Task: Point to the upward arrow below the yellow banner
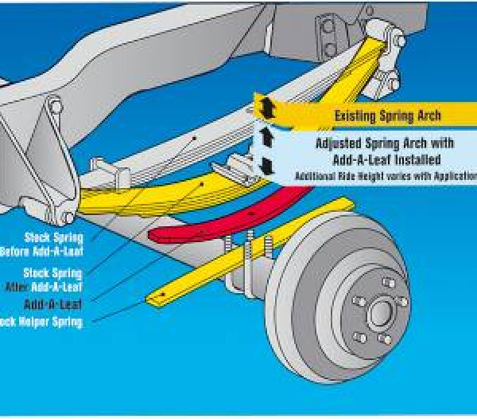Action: (x=267, y=139)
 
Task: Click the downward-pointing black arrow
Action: (x=267, y=166)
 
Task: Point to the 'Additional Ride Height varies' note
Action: (x=382, y=174)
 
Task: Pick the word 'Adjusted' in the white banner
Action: (x=338, y=144)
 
